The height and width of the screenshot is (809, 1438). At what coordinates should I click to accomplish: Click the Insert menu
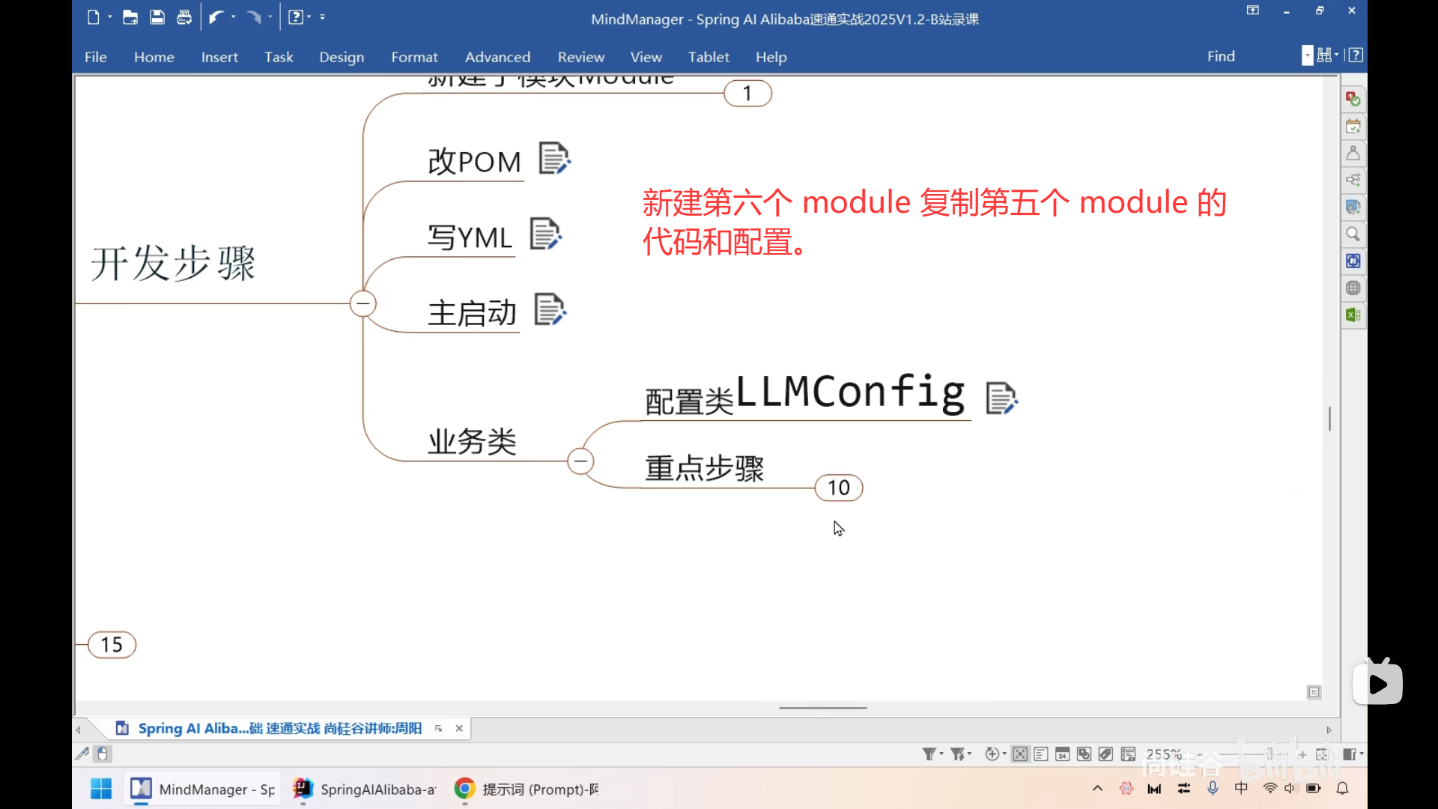point(219,57)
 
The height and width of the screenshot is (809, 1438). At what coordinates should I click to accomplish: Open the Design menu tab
point(342,57)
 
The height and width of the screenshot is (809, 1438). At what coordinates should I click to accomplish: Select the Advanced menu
point(497,57)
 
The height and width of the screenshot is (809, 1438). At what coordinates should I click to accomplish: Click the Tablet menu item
point(709,57)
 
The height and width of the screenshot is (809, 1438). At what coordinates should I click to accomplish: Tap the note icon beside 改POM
point(554,159)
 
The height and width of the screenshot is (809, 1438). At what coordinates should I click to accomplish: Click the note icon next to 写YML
point(545,234)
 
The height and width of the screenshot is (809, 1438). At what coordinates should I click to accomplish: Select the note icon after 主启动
point(550,309)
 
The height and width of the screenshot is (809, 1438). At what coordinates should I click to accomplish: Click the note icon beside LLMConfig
point(1001,398)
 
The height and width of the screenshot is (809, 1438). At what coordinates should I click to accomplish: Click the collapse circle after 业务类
point(580,461)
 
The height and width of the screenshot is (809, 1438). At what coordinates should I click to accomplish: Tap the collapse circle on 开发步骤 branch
point(363,303)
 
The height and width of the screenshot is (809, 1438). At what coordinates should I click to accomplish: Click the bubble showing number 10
point(839,488)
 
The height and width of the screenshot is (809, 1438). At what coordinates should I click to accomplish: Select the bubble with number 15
point(112,644)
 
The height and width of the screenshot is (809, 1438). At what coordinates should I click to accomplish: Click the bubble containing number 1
point(747,94)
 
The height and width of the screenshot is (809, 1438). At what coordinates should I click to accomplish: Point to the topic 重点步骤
point(704,468)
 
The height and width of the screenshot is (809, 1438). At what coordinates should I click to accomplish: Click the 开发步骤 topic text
point(173,264)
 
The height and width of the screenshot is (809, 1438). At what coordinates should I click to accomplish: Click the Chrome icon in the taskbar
point(464,789)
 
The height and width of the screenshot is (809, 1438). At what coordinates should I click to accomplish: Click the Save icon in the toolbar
point(157,17)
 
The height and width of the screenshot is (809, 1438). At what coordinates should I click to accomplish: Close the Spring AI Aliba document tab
point(459,728)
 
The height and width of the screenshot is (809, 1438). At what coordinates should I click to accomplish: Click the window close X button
point(1351,10)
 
